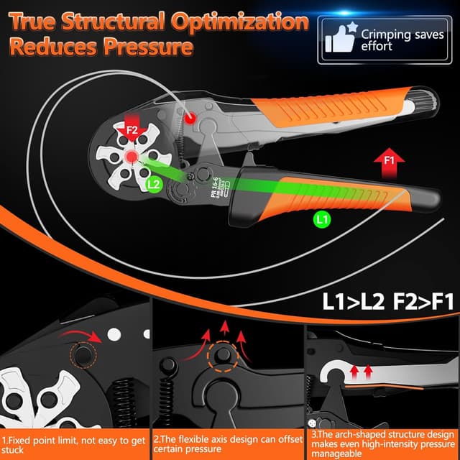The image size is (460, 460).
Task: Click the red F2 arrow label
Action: (132, 131)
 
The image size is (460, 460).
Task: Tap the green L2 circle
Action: (153, 184)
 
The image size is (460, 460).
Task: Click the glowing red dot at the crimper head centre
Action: (132, 157)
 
